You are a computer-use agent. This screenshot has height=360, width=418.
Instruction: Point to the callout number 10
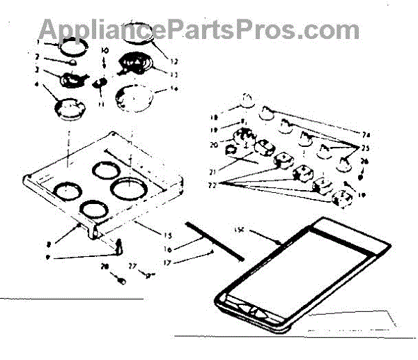coord(105,51)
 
